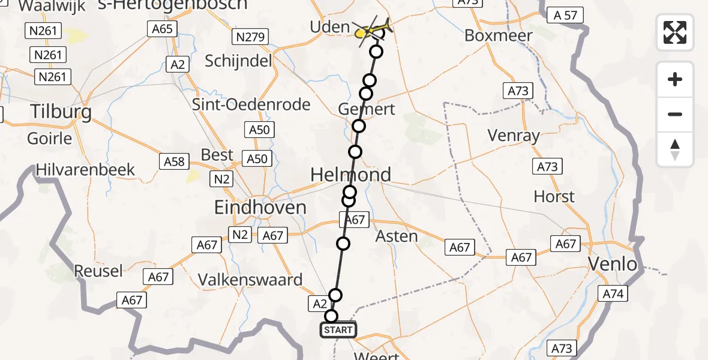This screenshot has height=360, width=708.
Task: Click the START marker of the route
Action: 338,330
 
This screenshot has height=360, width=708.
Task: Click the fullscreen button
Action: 675,32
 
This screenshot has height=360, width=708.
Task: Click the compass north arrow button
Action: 675,149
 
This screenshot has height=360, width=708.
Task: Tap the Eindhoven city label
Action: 260,208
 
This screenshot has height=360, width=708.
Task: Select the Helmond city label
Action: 350,175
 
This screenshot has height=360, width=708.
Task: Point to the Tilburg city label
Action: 61,112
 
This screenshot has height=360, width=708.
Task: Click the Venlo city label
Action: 612,264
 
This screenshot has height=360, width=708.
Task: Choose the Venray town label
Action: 514,136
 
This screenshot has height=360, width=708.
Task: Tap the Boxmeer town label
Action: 499,35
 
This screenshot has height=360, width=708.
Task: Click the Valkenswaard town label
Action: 259,280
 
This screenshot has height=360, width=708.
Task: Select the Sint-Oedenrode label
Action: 251,104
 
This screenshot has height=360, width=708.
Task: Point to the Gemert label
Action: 367,109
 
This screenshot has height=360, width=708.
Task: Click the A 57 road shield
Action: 565,15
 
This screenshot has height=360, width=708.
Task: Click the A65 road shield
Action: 162,28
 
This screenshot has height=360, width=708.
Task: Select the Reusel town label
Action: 98,271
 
